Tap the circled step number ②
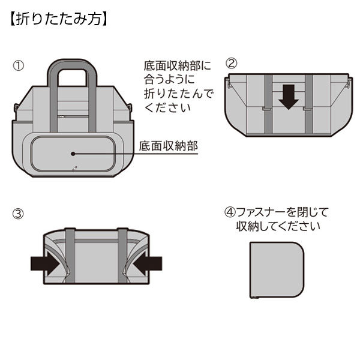tap(232, 64)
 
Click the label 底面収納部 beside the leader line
tap(167, 146)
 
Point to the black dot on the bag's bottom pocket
tap(73, 154)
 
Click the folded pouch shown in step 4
tap(277, 269)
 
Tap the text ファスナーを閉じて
tap(282, 212)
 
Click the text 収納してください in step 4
tap(278, 227)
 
